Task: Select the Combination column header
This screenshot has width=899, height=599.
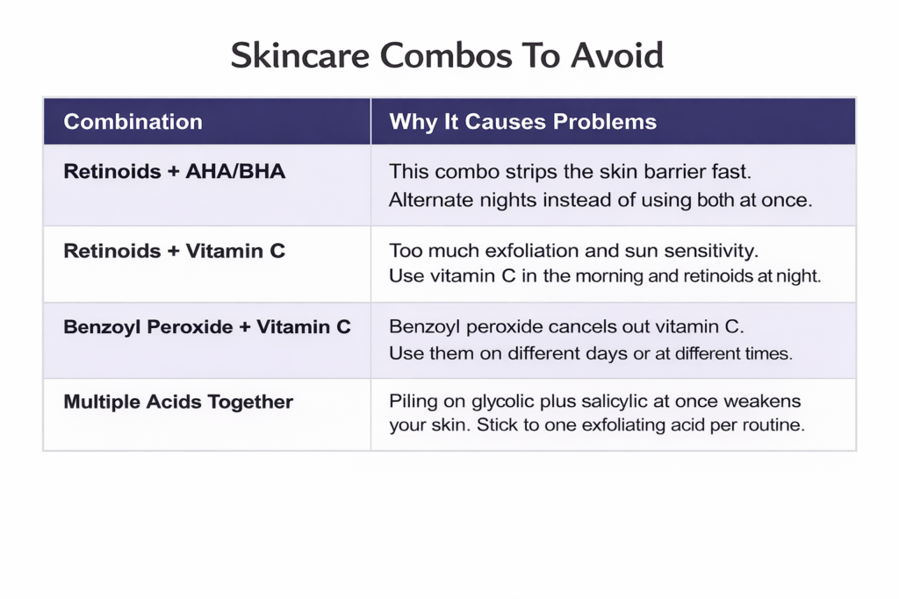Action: (x=133, y=122)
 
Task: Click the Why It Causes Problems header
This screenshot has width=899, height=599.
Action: (x=522, y=122)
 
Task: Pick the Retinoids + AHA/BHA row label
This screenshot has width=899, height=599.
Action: (x=174, y=171)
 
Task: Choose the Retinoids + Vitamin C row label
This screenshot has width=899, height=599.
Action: (x=174, y=251)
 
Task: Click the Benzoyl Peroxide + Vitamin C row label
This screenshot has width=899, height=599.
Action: (x=206, y=327)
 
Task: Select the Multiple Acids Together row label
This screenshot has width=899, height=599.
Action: (x=178, y=403)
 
